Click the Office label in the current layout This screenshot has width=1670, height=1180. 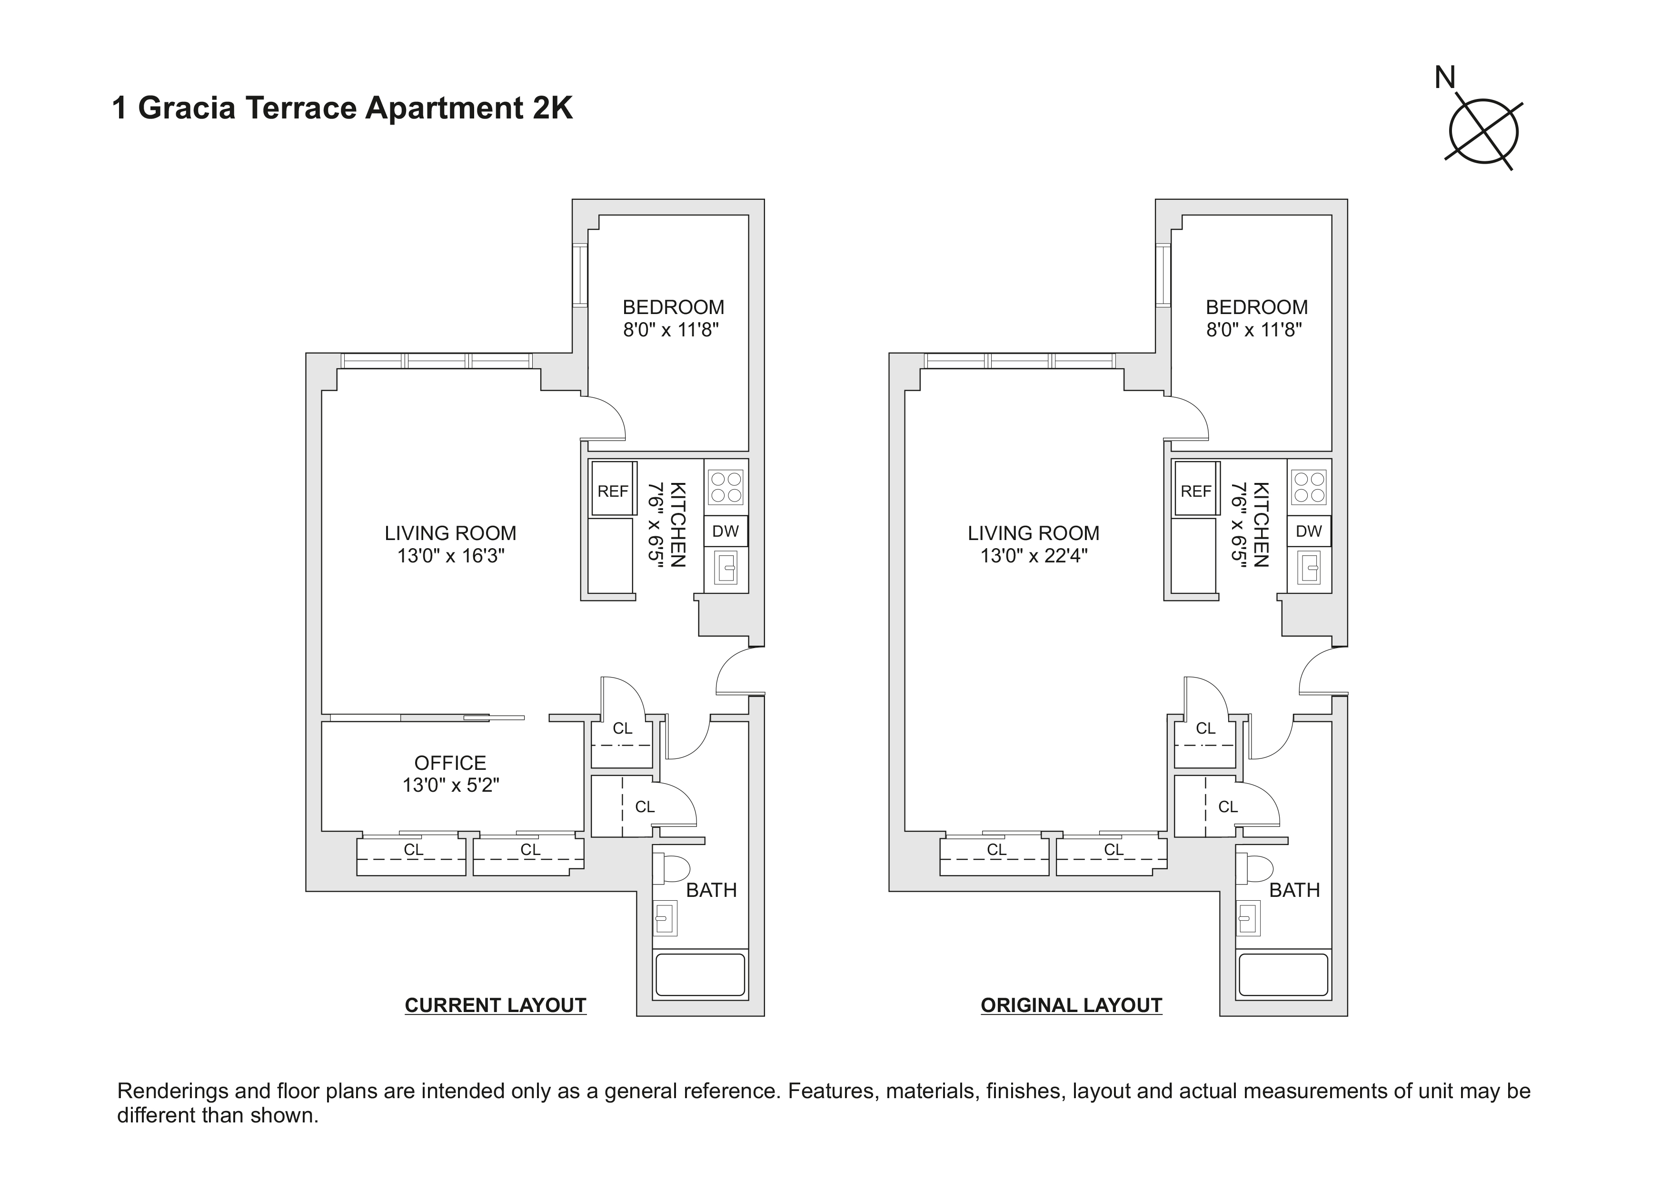450,763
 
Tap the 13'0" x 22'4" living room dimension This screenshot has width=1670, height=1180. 1033,556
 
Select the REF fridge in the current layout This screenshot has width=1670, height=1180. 612,491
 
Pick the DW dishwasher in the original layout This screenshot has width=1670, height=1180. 1309,531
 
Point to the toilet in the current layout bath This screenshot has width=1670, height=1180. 674,868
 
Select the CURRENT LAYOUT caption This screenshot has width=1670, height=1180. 495,1005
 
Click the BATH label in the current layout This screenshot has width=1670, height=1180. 711,890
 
